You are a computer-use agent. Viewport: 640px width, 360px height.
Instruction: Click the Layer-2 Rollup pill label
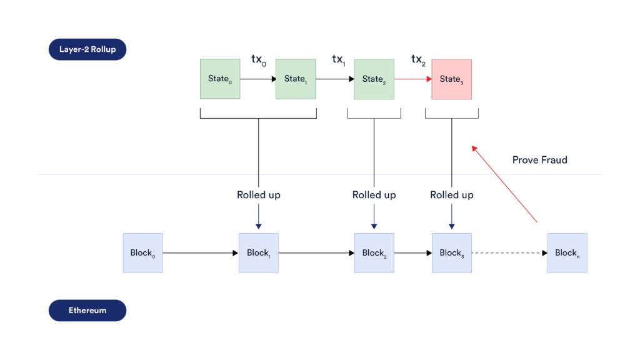coord(87,49)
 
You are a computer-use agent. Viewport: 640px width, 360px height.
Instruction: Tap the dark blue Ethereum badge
coord(87,310)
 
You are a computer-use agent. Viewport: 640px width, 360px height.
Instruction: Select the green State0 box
coord(220,79)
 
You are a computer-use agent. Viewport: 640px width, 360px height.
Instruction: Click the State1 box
coord(296,79)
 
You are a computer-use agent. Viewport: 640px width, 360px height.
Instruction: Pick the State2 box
coord(374,79)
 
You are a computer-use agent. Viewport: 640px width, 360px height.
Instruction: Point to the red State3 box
coord(451,79)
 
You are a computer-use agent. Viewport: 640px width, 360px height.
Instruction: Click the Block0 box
coord(142,253)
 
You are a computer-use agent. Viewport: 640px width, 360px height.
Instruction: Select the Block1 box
coord(258,253)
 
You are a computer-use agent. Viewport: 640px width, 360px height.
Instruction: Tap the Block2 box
coord(374,253)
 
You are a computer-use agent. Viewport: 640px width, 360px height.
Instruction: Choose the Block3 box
coord(451,253)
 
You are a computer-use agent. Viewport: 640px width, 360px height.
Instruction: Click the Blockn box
coord(567,253)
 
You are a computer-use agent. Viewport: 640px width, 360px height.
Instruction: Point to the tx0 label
coord(258,60)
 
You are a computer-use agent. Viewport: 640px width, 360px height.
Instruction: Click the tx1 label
coord(338,60)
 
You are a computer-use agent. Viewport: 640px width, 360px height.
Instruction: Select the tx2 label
coord(417,60)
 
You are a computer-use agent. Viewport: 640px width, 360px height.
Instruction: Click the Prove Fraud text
coord(539,160)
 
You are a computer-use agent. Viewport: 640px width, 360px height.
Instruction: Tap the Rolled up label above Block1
coord(258,195)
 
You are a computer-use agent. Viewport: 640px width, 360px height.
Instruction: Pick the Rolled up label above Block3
coord(451,195)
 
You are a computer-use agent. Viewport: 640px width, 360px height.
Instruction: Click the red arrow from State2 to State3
coord(412,79)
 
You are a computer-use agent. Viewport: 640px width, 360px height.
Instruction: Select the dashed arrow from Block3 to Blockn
coord(509,253)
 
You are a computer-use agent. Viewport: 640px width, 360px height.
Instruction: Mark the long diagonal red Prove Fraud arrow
coord(505,184)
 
